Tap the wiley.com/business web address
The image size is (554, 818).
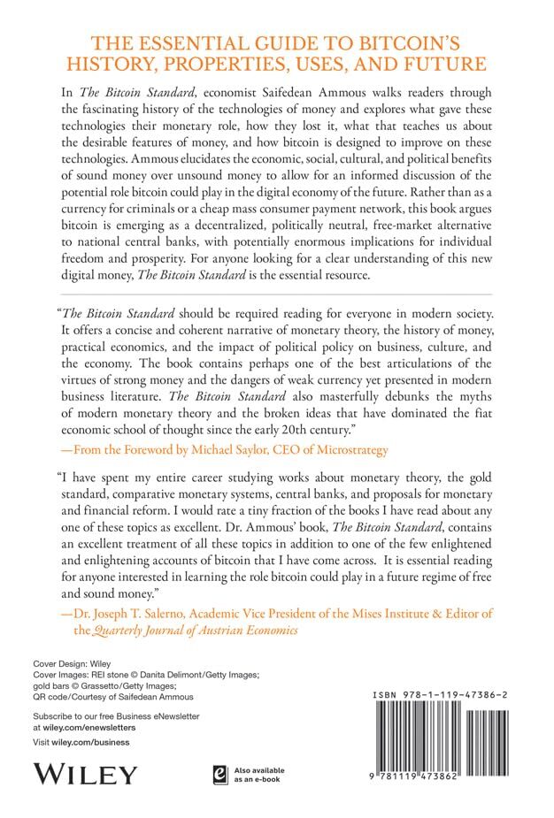91,743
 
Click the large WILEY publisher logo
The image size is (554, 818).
86,775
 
